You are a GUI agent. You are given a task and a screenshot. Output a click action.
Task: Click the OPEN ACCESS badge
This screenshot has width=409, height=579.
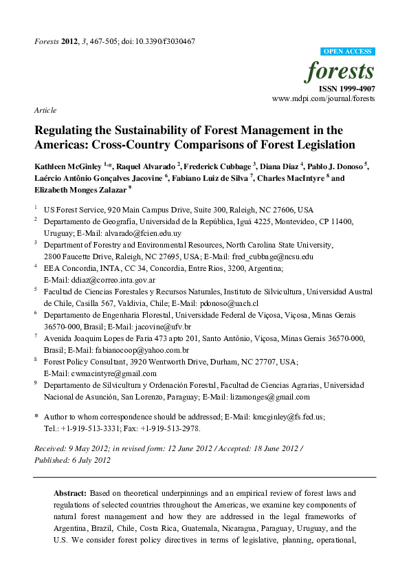coord(347,52)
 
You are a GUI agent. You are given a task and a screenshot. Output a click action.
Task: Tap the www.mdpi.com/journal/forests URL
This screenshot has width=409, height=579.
coord(323,99)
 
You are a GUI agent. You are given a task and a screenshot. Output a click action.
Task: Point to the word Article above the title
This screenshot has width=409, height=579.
coord(45,111)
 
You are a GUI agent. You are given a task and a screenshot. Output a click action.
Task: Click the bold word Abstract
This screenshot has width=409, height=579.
coord(70,493)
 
